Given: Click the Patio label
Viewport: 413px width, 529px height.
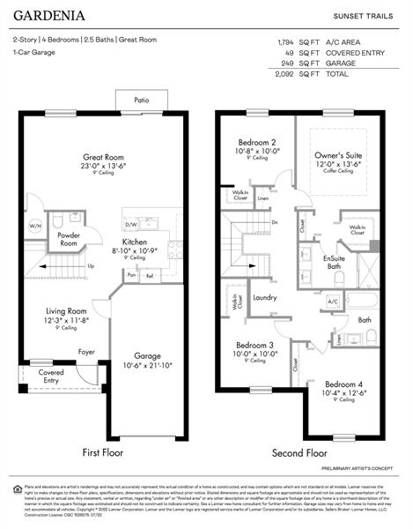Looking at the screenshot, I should pos(142,101).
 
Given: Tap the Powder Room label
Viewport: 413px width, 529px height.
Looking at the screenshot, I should pos(69,239).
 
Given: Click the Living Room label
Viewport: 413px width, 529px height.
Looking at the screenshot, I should pos(66,310).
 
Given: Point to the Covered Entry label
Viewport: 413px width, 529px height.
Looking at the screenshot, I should pos(51,376).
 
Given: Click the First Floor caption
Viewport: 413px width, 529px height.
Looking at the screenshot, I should pos(103,452).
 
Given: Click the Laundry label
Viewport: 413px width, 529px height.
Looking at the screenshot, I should pos(265,297).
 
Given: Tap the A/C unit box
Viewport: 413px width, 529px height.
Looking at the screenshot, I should pos(333,302).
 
